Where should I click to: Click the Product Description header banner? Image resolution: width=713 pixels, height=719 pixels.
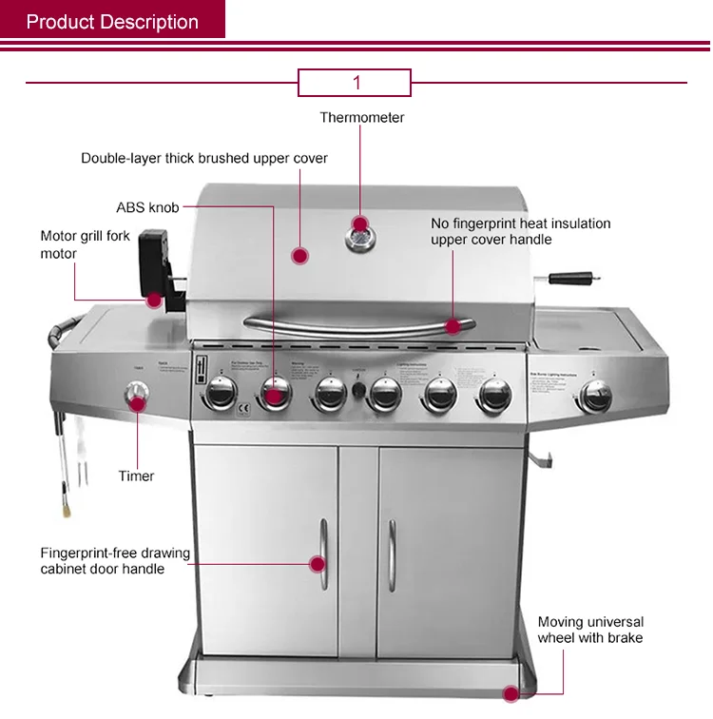[112, 21]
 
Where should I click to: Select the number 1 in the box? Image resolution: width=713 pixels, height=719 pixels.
[356, 83]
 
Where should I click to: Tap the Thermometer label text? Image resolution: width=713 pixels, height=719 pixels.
[361, 118]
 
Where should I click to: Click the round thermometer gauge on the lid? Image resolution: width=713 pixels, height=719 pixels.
[359, 233]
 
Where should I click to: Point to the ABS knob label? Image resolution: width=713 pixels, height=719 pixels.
[147, 207]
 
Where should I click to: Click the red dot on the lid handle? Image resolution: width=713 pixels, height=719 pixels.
[453, 326]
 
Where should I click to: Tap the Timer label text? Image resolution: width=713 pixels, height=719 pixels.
[136, 476]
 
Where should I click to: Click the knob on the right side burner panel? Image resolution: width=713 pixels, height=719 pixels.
[596, 396]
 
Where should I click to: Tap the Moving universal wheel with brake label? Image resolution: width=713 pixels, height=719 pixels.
[590, 630]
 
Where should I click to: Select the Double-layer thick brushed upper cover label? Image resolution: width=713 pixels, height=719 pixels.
[204, 158]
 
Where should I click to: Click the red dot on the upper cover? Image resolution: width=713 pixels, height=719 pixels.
[299, 255]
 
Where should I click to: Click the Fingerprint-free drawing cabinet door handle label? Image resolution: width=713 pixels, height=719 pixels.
[115, 561]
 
